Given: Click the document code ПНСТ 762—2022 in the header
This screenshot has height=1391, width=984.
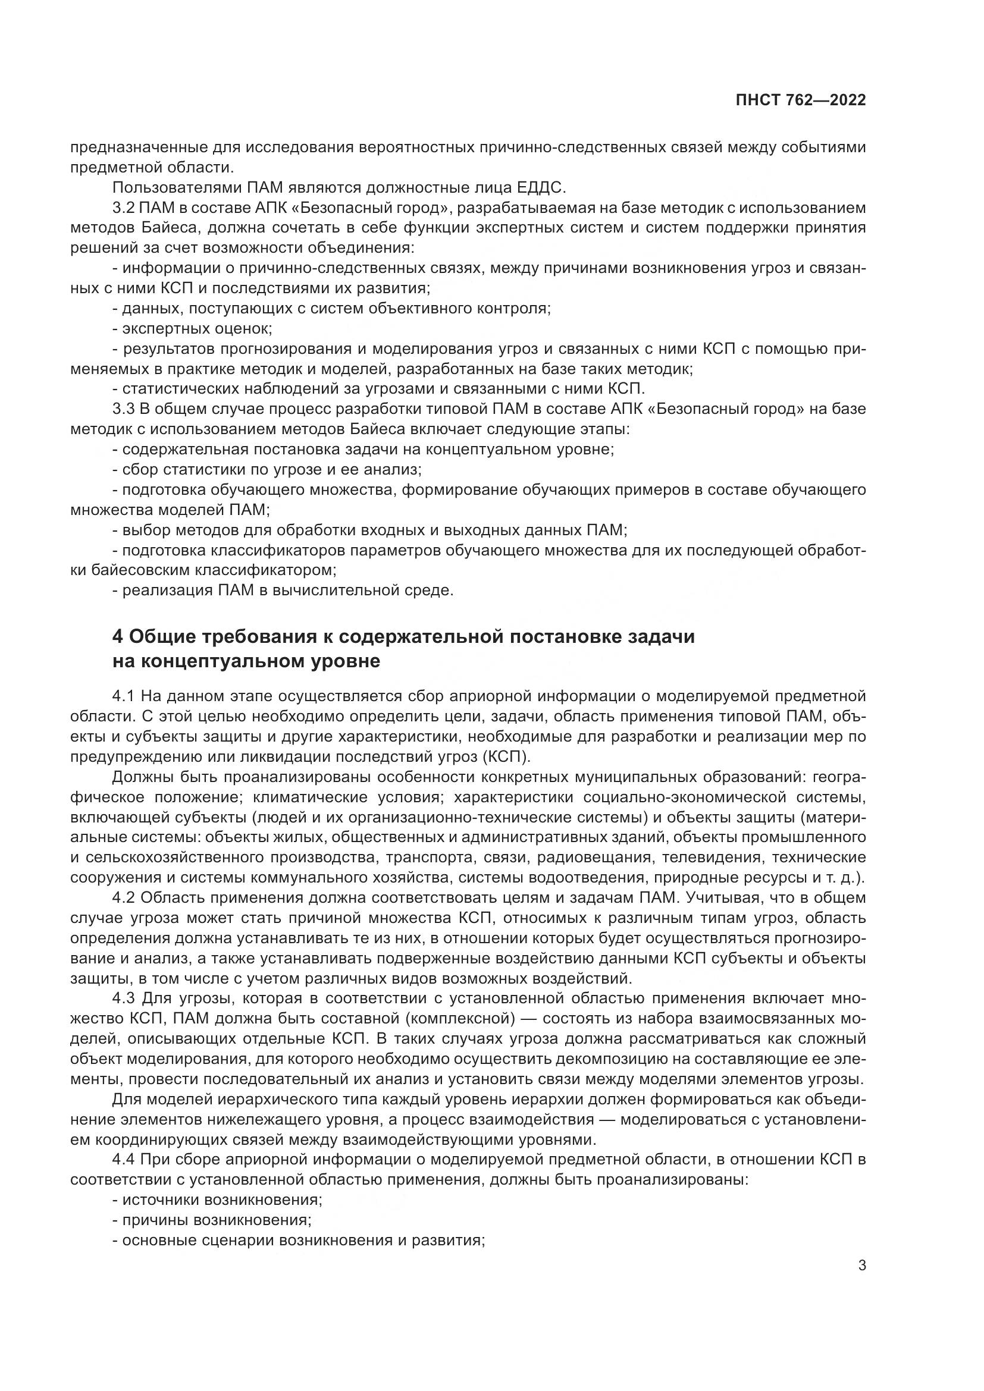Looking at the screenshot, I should [800, 100].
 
